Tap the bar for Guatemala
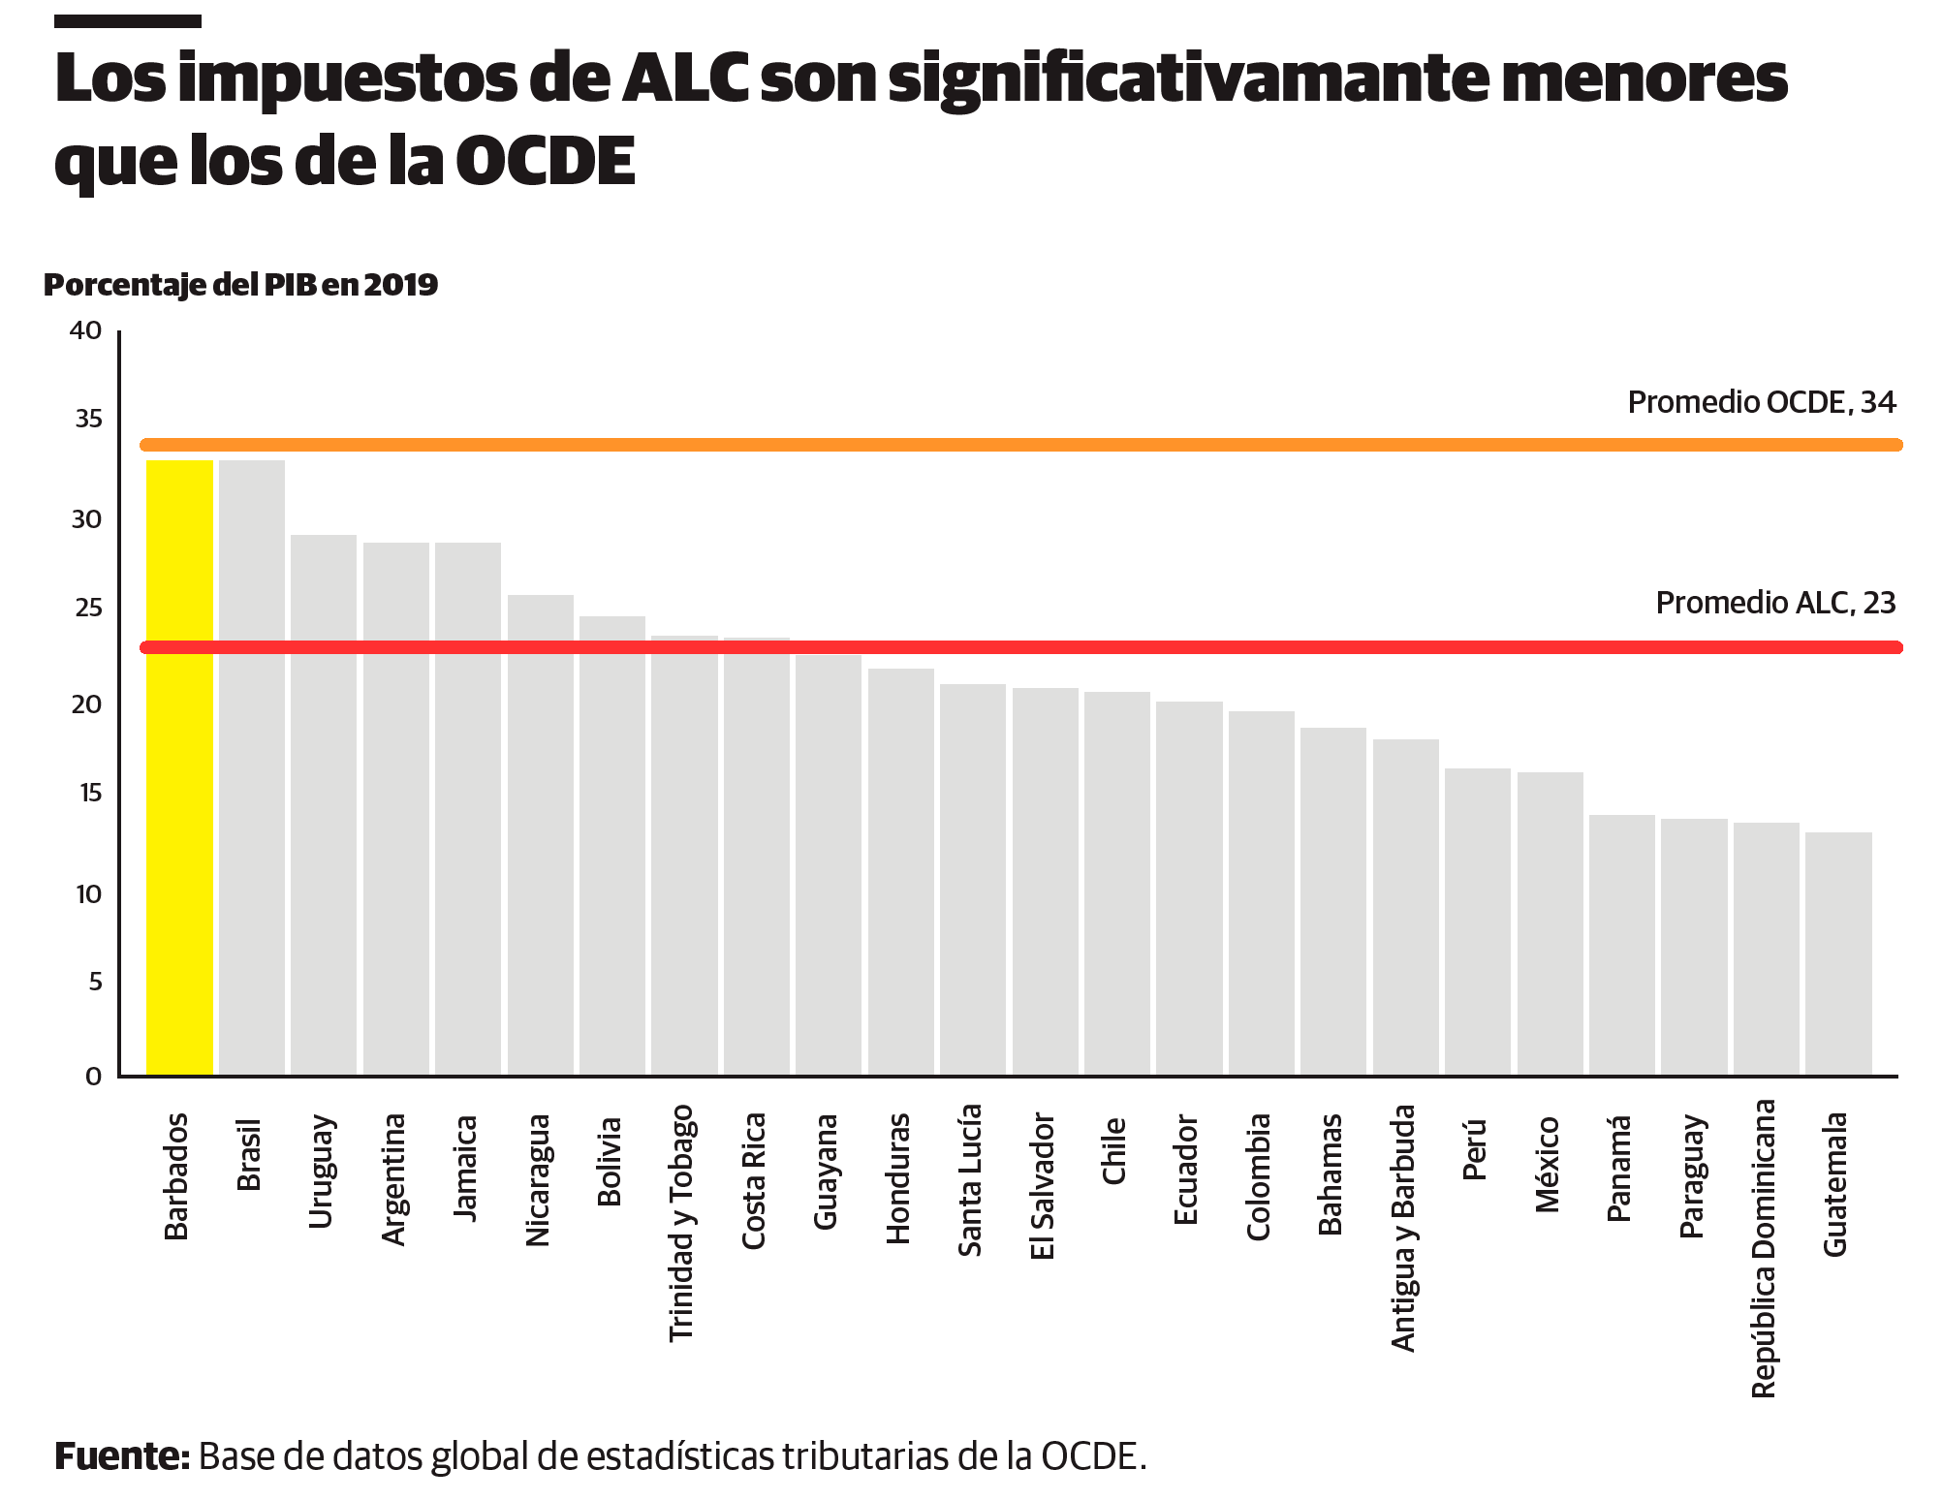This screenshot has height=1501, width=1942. coord(1838,954)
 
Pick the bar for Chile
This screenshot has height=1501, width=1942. coord(1117,883)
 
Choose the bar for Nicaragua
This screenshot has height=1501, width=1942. coord(541,834)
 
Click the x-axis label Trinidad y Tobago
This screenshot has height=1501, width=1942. coord(682,1223)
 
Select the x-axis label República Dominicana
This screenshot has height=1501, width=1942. coord(1764,1248)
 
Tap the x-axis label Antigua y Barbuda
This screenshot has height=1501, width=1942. coord(1403,1228)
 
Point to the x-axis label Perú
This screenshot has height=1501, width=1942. coord(1475,1150)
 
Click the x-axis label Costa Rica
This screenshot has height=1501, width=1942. coord(754,1181)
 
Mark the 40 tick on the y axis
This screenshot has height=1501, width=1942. coord(86,330)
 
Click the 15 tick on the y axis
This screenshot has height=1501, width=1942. coord(90,794)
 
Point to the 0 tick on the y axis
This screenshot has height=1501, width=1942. coord(94,1077)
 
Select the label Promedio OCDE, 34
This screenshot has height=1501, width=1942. coord(1761,402)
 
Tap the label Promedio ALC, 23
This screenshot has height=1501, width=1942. coord(1774,603)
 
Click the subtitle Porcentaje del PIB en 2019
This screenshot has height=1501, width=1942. coord(241,285)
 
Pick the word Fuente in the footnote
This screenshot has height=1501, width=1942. coord(121,1456)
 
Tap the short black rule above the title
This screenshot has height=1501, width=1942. coord(128,20)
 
